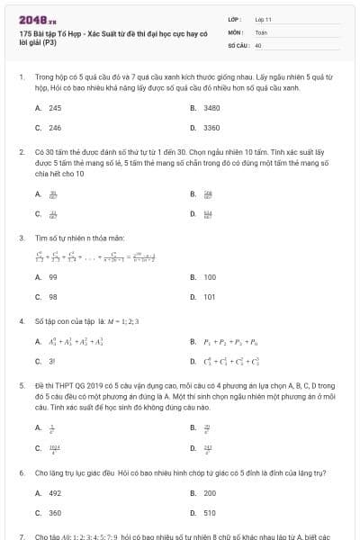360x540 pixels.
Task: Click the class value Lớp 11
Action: pyautogui.click(x=264, y=19)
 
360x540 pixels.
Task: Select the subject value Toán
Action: pyautogui.click(x=261, y=31)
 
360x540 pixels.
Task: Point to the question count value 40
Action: pyautogui.click(x=258, y=44)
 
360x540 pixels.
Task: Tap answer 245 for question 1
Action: pyautogui.click(x=55, y=107)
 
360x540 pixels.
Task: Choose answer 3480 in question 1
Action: pyautogui.click(x=212, y=107)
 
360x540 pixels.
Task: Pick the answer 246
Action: pyautogui.click(x=55, y=128)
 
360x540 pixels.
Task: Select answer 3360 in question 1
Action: pyautogui.click(x=212, y=128)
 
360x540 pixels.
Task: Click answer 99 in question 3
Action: pyautogui.click(x=53, y=277)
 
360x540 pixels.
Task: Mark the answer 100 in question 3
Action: pyautogui.click(x=210, y=277)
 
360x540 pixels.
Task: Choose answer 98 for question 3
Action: pyautogui.click(x=53, y=296)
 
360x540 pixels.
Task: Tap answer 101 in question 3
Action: pyautogui.click(x=210, y=296)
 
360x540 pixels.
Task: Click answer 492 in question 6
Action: pyautogui.click(x=55, y=492)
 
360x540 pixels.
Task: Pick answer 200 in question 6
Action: pyautogui.click(x=210, y=492)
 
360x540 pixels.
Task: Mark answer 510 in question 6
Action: pyautogui.click(x=210, y=512)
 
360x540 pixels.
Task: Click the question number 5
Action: pyautogui.click(x=21, y=382)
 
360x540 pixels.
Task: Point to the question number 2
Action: pyautogui.click(x=21, y=152)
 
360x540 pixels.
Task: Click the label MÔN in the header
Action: pyautogui.click(x=236, y=31)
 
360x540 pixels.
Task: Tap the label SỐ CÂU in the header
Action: pyautogui.click(x=238, y=44)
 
